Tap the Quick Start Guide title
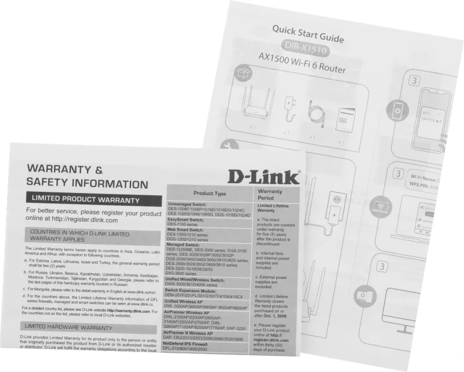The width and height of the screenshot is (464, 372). point(308,35)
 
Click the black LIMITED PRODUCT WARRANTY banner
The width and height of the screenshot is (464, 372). point(85,199)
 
